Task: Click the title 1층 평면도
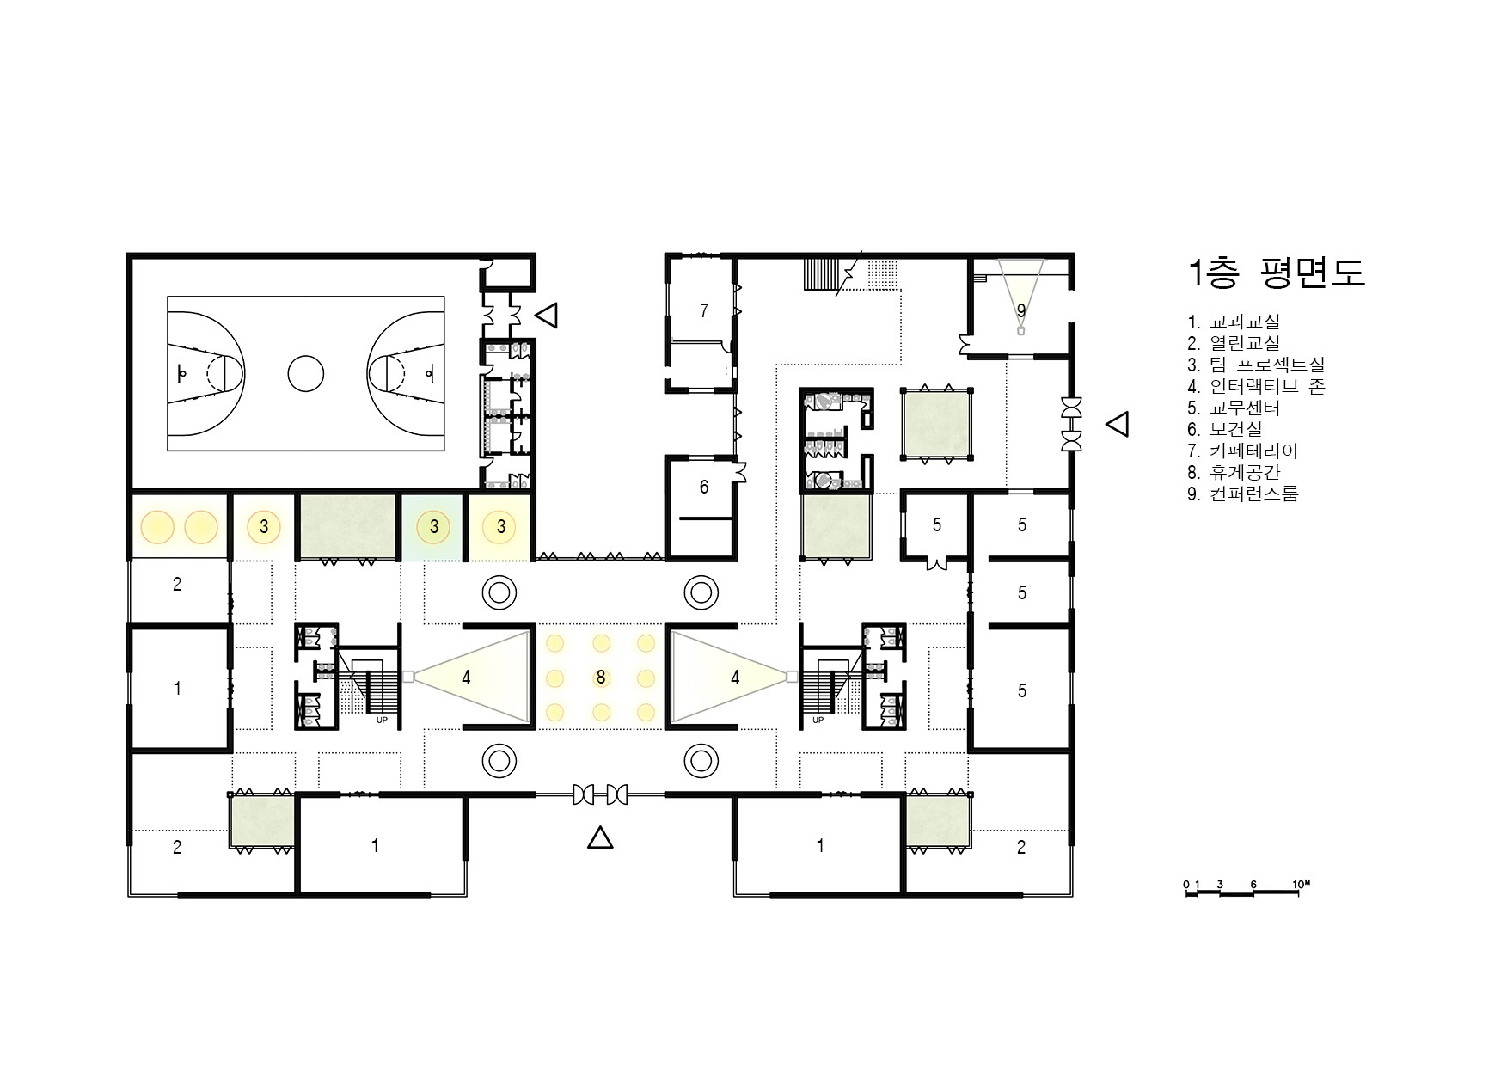[x=1276, y=273]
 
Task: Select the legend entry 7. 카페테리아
[x=1243, y=451]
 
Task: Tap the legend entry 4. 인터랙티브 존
[x=1256, y=386]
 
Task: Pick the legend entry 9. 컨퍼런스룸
[x=1243, y=494]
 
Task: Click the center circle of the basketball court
[x=305, y=374]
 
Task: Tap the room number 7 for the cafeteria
[x=704, y=310]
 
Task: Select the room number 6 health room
[x=704, y=488]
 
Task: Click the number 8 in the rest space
[x=601, y=678]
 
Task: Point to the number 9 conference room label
[x=1021, y=310]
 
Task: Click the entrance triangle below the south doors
[x=600, y=837]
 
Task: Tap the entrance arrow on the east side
[x=1117, y=424]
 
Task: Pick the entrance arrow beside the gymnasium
[x=547, y=315]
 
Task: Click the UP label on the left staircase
[x=382, y=720]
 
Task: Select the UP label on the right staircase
[x=818, y=720]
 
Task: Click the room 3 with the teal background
[x=434, y=527]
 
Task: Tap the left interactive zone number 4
[x=466, y=678]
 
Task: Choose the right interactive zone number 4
[x=735, y=678]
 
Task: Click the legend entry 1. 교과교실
[x=1234, y=322]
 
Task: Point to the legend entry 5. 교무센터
[x=1234, y=408]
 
